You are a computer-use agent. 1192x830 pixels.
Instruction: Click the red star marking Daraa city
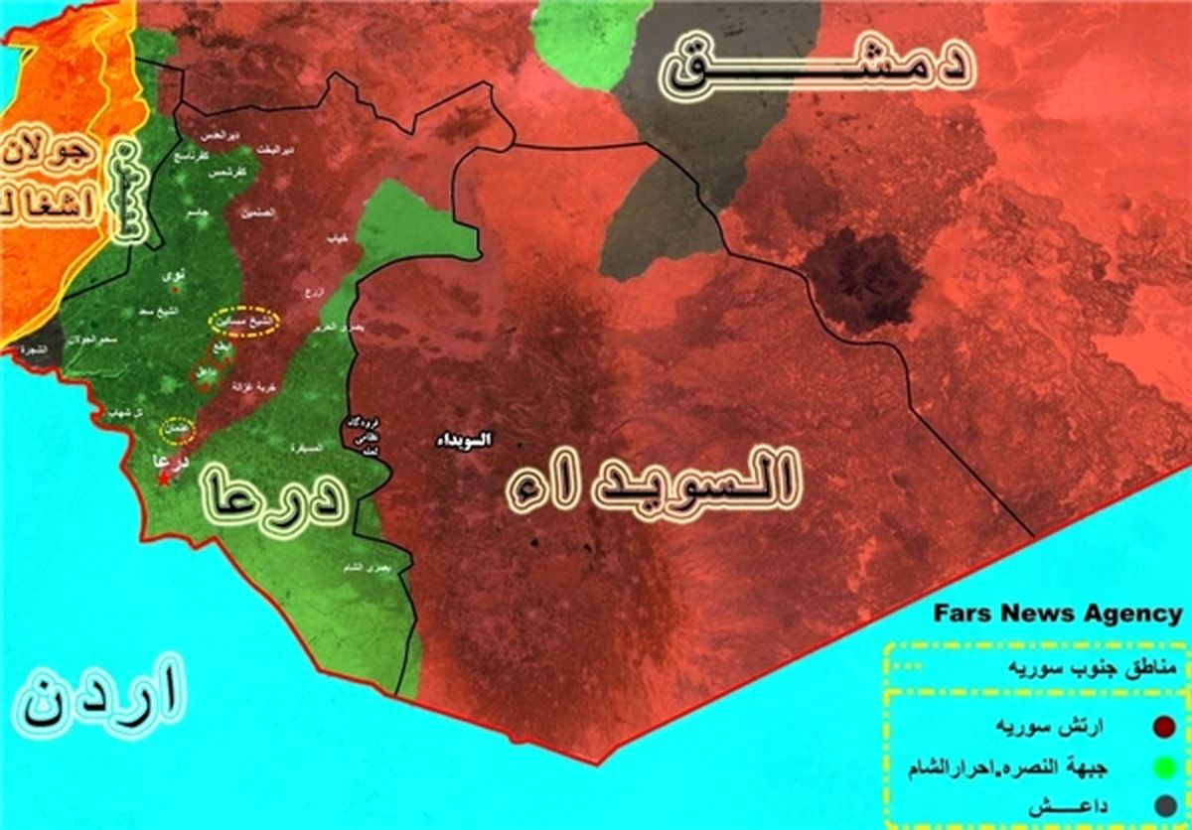pyautogui.click(x=162, y=479)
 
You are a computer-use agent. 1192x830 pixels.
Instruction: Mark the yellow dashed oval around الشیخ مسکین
pyautogui.click(x=243, y=322)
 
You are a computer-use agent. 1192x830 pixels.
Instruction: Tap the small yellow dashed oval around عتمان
pyautogui.click(x=178, y=429)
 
